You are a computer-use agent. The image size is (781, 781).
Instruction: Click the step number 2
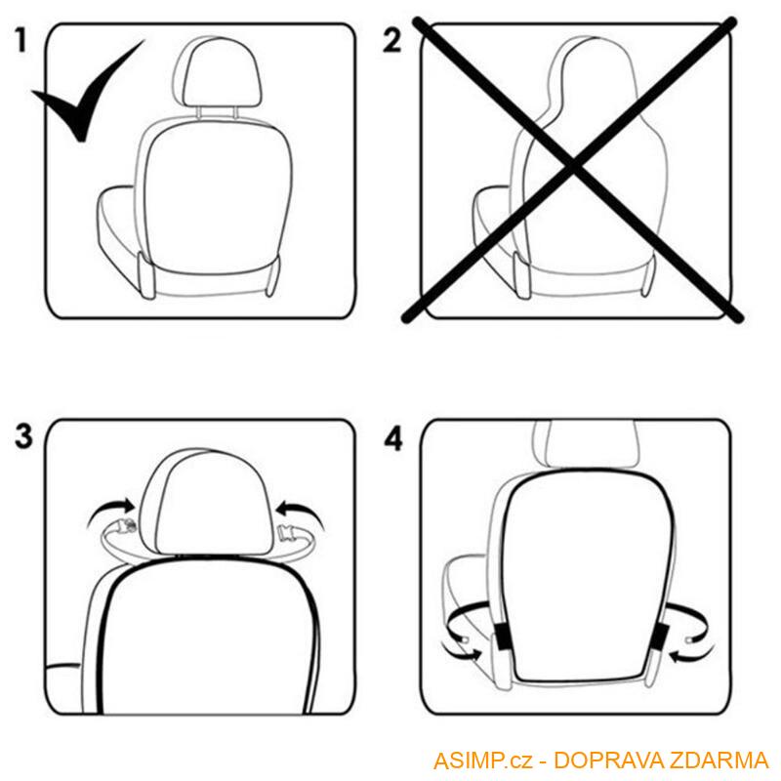[392, 42]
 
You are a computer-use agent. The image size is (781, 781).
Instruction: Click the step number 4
[392, 438]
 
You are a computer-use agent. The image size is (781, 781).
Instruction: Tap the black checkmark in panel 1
[83, 98]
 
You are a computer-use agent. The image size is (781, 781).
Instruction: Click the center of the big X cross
[576, 171]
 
